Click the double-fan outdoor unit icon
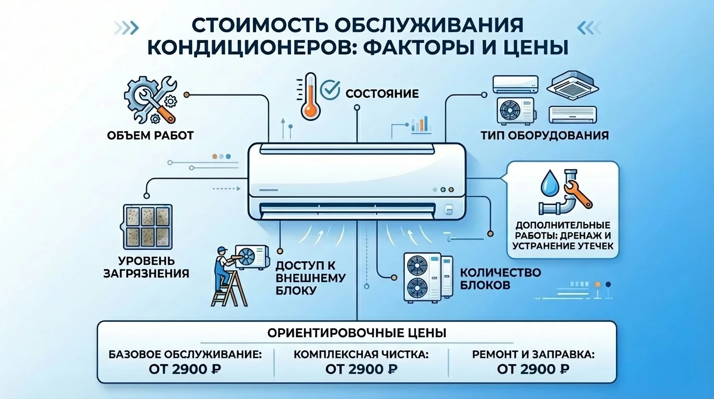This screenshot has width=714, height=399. point(422,277)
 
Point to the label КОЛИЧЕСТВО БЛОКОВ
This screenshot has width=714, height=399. point(493,279)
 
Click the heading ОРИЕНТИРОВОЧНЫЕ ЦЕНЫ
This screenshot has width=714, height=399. point(356,332)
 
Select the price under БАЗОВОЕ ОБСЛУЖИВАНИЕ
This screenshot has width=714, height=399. point(185,369)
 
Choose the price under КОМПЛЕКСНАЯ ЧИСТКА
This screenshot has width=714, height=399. point(361,369)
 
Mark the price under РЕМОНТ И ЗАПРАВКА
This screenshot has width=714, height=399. point(533,369)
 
